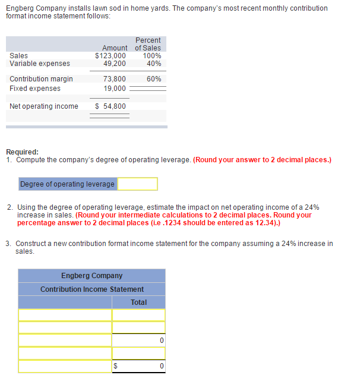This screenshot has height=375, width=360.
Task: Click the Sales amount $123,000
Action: (110, 56)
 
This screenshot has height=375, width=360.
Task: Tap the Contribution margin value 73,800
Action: (114, 79)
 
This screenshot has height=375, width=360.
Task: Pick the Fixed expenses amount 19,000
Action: (114, 89)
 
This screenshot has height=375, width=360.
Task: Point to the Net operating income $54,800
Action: (110, 106)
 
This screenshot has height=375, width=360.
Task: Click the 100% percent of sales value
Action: (152, 56)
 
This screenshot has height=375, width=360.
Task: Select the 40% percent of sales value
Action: (154, 64)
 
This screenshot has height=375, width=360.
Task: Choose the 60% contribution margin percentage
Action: (154, 79)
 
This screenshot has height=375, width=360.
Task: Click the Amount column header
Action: (115, 48)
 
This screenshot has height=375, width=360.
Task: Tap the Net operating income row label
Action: (44, 106)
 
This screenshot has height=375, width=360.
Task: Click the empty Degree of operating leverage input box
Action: (137, 184)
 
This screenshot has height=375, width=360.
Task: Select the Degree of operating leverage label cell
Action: (67, 184)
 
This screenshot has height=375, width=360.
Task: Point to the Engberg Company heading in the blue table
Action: (91, 276)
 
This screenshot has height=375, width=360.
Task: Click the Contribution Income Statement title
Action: (91, 289)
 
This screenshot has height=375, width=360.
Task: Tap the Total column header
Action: (138, 302)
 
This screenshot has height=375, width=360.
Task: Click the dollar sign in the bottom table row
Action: (116, 366)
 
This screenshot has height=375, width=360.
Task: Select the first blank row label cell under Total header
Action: (65, 315)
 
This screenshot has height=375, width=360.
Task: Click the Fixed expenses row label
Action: (35, 89)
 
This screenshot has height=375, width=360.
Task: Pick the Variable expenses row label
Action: (40, 64)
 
